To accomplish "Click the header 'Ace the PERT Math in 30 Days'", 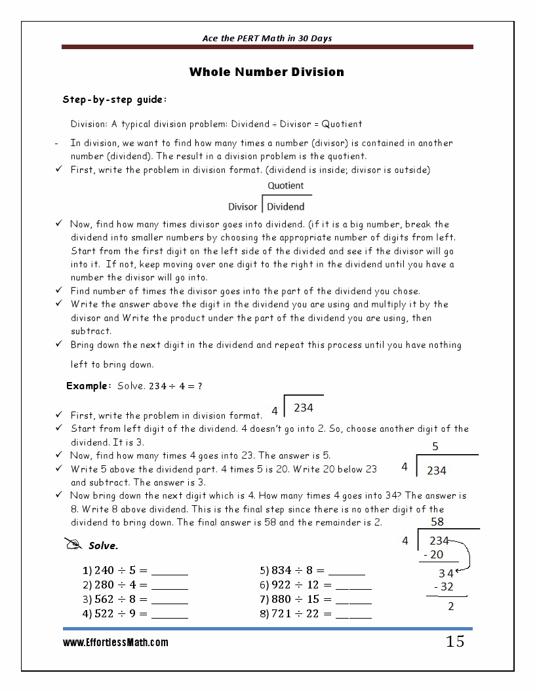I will tap(267, 38).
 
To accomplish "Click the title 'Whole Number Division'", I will tap(266, 72).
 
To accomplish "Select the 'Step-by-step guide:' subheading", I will tap(114, 100).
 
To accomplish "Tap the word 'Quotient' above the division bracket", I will tap(285, 185).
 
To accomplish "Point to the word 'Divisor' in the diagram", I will tap(243, 207).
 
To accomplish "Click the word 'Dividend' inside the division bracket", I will tap(286, 207).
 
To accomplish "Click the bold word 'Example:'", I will tap(89, 386).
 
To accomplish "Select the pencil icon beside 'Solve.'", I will tap(73, 544).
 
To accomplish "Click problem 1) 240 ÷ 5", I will tap(134, 570).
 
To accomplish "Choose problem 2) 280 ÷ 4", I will tap(134, 585).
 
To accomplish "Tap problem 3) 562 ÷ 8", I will tap(134, 599).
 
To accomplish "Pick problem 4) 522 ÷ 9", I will tap(134, 614).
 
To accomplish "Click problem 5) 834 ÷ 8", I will tap(312, 570).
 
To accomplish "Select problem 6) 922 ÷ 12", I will tap(315, 585).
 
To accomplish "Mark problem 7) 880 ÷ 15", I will tap(315, 599).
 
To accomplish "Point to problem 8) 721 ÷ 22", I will tap(315, 614).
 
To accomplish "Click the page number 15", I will tap(455, 642).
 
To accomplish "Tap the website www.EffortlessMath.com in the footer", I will tap(115, 643).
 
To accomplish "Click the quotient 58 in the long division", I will tap(437, 522).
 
